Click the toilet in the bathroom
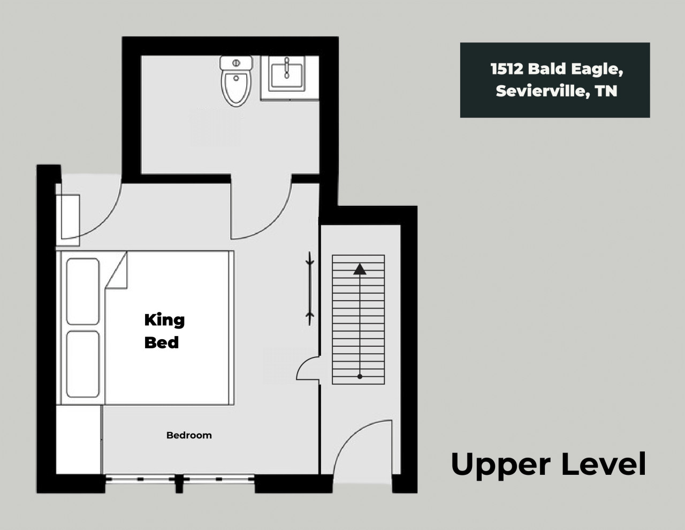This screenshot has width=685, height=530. click(237, 81)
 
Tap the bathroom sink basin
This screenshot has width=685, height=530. click(286, 75)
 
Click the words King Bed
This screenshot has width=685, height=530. click(164, 331)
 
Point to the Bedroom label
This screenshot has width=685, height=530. click(189, 435)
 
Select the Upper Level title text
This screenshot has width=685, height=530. click(549, 464)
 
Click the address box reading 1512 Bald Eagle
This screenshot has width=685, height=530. click(555, 80)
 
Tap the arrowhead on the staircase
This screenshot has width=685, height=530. click(360, 269)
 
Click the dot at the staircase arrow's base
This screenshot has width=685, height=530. click(360, 377)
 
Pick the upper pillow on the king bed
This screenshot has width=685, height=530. click(83, 292)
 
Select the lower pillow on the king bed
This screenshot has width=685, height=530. click(83, 364)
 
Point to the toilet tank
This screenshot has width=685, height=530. click(237, 63)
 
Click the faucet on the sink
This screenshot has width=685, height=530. click(286, 68)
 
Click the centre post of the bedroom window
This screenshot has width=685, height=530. click(179, 483)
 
